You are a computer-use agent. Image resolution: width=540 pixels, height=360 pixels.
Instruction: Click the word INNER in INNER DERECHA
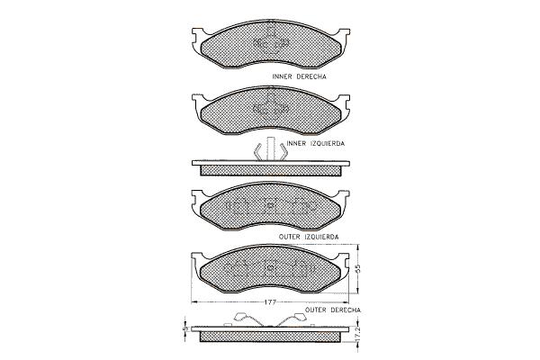[282, 76]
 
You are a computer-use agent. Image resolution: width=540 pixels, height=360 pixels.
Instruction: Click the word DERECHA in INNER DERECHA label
[311, 76]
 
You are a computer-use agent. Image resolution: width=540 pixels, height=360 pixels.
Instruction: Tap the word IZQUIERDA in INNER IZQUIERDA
[328, 143]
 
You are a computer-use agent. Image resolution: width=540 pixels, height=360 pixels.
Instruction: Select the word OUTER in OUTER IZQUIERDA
[289, 237]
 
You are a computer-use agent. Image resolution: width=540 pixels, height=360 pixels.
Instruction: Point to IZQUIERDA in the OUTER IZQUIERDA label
[321, 237]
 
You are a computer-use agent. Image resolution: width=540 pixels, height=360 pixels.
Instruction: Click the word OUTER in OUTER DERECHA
[316, 310]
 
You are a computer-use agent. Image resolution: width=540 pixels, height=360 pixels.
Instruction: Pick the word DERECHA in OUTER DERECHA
[346, 310]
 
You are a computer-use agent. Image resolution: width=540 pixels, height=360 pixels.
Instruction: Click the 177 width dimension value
[270, 302]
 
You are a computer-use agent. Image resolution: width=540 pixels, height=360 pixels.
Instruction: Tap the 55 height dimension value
[358, 269]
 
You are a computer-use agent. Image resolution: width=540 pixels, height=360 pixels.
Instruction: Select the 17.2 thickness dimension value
[358, 335]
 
